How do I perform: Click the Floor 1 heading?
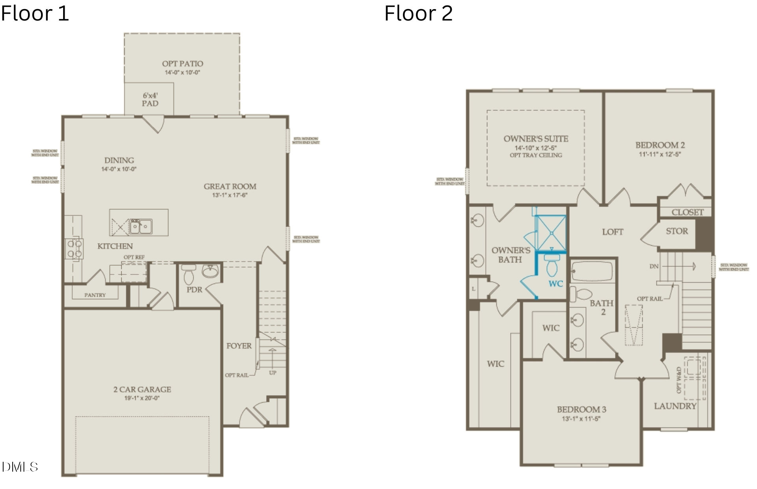(35, 13)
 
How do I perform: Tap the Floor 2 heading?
(418, 13)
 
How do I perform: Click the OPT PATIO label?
(183, 63)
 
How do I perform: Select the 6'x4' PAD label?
(150, 99)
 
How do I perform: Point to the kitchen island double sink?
(141, 226)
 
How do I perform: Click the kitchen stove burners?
(75, 249)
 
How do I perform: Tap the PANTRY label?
(95, 295)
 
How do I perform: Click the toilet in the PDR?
(189, 274)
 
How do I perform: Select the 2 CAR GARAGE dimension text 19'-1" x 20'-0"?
(142, 398)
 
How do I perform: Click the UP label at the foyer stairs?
(272, 373)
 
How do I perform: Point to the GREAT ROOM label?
(230, 186)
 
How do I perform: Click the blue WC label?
(556, 284)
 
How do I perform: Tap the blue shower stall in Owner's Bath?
(551, 233)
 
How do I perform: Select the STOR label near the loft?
(677, 231)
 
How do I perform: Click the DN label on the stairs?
(654, 266)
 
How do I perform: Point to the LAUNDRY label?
(675, 406)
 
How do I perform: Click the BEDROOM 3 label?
(582, 409)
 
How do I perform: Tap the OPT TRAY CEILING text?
(536, 155)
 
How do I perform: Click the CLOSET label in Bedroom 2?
(688, 212)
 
